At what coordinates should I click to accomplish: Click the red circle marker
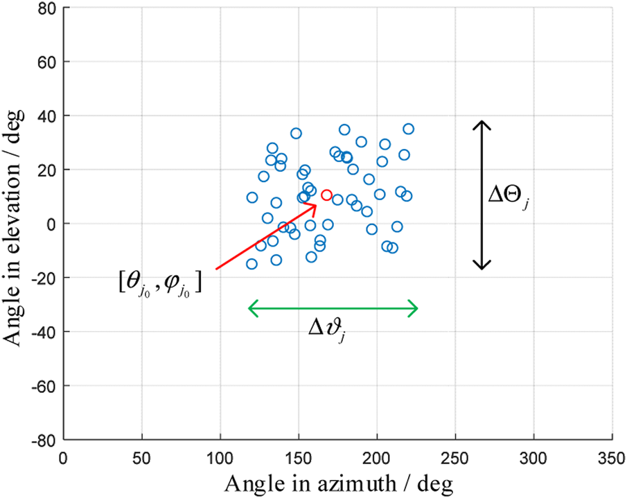[326, 195]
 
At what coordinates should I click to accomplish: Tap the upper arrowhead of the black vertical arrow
[482, 123]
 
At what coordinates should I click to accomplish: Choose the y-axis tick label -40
[46, 332]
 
